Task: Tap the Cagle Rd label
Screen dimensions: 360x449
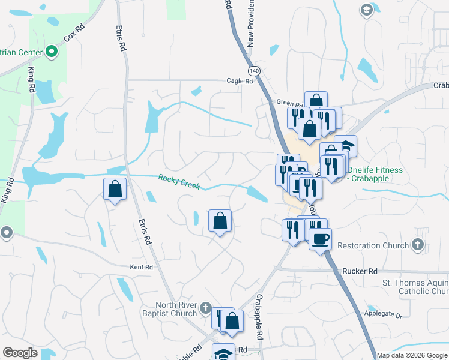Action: coord(240,81)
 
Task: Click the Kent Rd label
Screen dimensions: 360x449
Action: coord(142,267)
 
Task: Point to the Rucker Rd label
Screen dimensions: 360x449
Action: coord(359,271)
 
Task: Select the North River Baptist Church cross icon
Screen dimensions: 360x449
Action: coord(205,308)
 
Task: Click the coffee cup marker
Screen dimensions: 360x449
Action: coord(320,238)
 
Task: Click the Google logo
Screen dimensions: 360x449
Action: coord(20,353)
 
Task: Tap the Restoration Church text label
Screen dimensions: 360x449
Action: coord(367,245)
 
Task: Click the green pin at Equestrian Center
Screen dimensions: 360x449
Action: coord(52,52)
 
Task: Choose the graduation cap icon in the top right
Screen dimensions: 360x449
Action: coord(366,10)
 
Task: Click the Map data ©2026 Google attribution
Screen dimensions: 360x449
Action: coord(412,355)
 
